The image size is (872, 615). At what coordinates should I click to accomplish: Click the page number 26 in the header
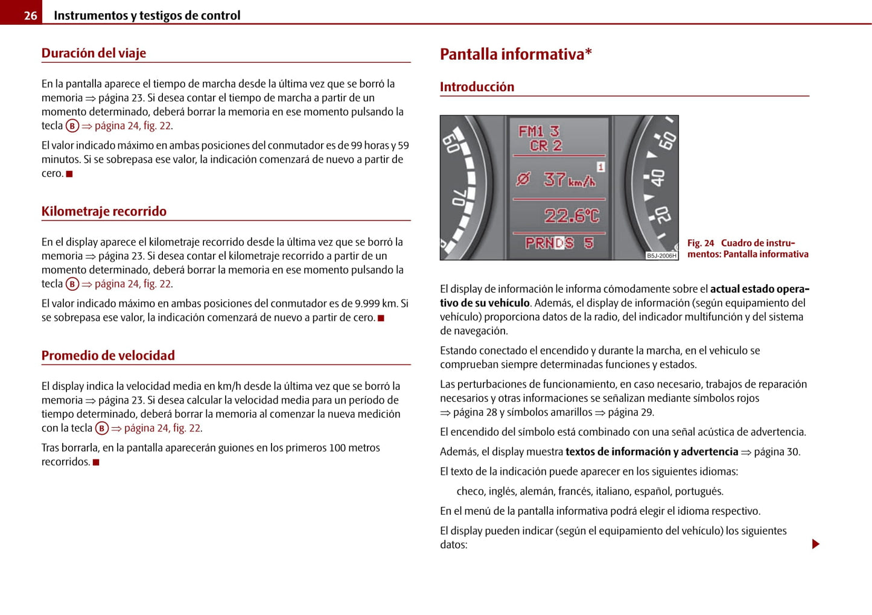[30, 16]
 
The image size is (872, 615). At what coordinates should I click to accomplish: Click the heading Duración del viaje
[94, 53]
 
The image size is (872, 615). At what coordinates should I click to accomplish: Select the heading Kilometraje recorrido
[104, 211]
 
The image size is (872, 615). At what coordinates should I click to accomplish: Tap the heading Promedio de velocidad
[108, 355]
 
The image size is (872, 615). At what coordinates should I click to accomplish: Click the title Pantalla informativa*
[515, 54]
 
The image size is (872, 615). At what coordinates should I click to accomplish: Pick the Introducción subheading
[477, 87]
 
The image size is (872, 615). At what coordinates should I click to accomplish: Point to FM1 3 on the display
[539, 131]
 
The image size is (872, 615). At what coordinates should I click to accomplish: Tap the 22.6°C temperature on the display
[571, 215]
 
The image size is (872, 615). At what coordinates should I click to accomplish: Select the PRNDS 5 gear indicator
[559, 243]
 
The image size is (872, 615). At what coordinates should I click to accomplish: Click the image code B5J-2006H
[661, 256]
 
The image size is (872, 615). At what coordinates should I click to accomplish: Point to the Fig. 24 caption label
[701, 243]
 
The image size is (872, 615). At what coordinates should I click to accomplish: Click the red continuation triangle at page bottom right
[816, 544]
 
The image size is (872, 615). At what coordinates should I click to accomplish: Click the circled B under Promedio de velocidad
[102, 429]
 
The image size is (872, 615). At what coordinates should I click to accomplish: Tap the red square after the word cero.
[69, 174]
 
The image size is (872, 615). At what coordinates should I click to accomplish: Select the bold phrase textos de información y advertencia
[652, 452]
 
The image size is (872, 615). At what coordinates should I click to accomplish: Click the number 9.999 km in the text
[375, 304]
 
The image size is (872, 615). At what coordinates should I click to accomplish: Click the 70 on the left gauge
[459, 197]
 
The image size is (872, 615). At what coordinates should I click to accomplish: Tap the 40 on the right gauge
[657, 178]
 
